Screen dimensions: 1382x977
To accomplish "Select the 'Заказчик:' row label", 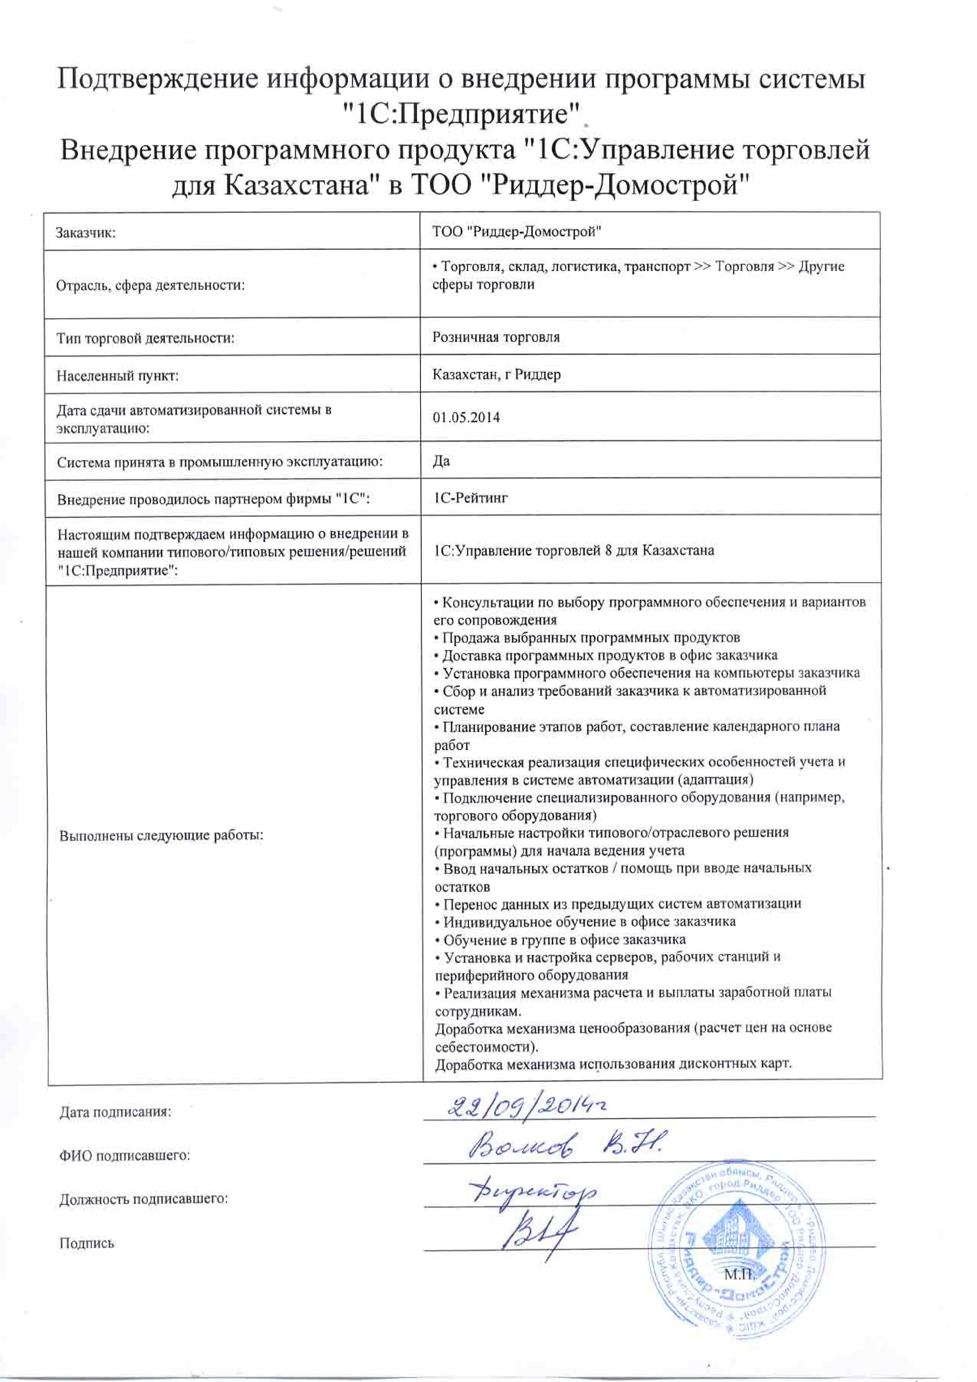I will coord(86,233).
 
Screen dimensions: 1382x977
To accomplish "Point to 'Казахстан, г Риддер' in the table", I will coord(496,374).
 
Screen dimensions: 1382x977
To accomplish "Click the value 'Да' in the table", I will coord(441,461).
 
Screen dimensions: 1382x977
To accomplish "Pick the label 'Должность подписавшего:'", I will coord(143,1198).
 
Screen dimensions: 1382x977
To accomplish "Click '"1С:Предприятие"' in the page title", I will coord(460,114).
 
